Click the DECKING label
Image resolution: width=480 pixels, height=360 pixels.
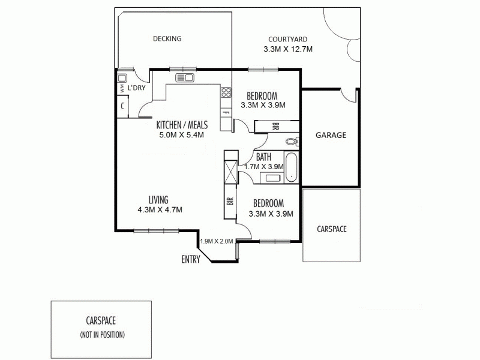coord(167,38)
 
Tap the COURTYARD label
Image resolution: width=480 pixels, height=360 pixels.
coord(289,38)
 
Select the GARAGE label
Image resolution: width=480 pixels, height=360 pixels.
coord(331,135)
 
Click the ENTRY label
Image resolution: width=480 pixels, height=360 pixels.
coord(191,259)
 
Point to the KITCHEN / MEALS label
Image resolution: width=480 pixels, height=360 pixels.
coord(182,125)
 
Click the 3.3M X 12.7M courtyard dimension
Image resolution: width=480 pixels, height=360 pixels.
coord(289,49)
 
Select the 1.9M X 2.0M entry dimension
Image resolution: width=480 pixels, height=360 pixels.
coord(216,241)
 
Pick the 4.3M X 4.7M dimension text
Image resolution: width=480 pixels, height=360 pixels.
coord(159,209)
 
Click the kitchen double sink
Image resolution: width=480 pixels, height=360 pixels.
coord(184,77)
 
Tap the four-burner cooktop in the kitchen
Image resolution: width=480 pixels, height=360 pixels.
coord(226,92)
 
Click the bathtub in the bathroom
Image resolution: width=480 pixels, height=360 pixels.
coord(291,168)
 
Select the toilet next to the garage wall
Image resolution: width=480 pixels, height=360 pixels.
coord(292,142)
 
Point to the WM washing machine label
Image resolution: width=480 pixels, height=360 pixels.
coord(121,89)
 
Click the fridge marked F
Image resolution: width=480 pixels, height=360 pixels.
coord(226,113)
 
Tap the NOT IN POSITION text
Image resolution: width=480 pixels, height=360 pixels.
coord(102,334)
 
